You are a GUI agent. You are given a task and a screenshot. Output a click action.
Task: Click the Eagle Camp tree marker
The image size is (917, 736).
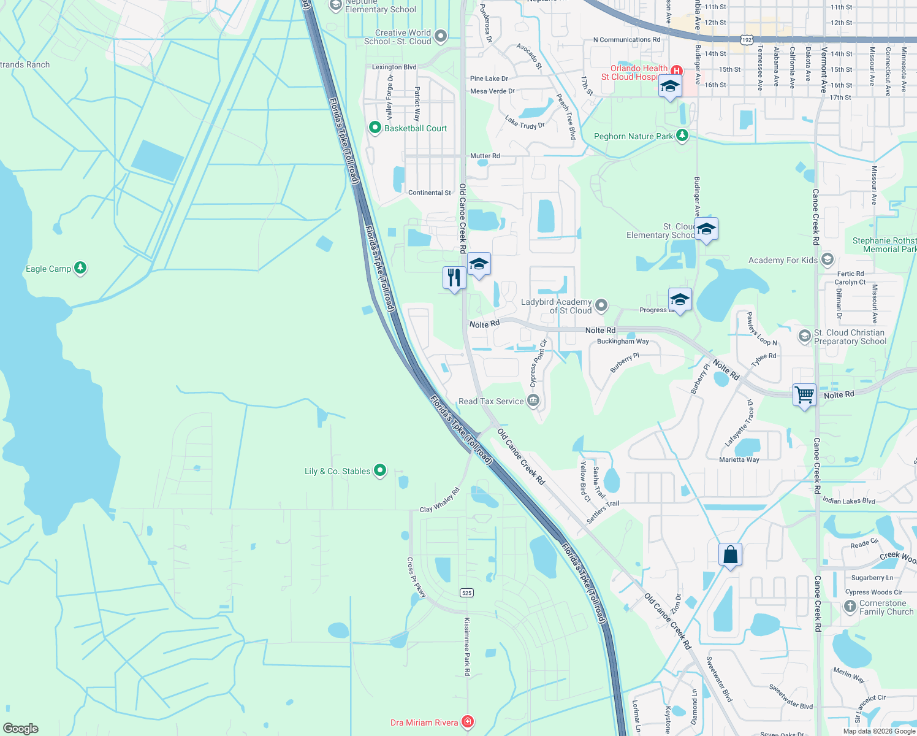click(x=80, y=268)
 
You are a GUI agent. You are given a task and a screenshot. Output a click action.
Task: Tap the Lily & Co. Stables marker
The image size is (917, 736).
click(x=380, y=470)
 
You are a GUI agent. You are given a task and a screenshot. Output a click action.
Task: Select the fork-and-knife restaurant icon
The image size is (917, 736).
click(x=454, y=278)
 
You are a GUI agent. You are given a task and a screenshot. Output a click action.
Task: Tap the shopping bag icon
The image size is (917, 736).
click(x=730, y=555)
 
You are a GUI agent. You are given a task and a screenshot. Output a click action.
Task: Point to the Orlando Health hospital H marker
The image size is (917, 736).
click(x=677, y=71)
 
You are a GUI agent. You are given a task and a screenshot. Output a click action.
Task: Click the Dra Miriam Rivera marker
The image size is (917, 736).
click(x=468, y=722)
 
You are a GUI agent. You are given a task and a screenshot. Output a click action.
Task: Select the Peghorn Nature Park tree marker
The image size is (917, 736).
click(x=682, y=136)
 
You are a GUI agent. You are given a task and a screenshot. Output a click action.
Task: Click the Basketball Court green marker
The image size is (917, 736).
click(x=375, y=128)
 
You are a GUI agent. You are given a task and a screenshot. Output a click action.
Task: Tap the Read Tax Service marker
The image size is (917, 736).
click(x=533, y=401)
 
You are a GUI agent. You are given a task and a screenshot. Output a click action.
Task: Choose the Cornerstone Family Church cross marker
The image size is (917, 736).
click(x=850, y=607)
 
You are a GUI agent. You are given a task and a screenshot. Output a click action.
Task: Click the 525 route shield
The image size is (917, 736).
click(x=466, y=592)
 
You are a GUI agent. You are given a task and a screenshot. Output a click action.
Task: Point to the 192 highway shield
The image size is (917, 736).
click(x=746, y=39)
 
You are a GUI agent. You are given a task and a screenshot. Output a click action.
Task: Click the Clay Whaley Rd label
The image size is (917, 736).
click(x=439, y=500)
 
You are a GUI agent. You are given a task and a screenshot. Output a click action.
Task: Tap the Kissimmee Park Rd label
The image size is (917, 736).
click(x=467, y=646)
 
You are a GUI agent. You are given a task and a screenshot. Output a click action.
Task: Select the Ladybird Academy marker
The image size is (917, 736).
click(x=601, y=305)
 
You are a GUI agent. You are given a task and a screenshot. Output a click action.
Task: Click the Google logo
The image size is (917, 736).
click(x=21, y=728)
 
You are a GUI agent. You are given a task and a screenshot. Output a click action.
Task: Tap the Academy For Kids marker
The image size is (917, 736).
click(x=828, y=259)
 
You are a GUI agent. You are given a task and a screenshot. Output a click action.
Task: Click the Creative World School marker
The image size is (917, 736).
click(x=441, y=37)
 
